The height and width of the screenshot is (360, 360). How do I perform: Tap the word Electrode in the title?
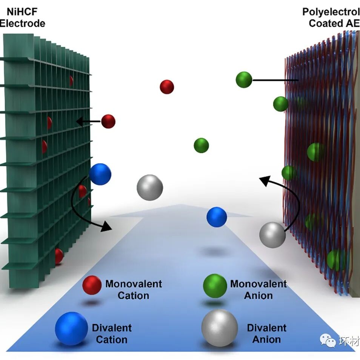click(x=23, y=23)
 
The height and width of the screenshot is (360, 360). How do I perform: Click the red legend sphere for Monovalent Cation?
click(x=92, y=285)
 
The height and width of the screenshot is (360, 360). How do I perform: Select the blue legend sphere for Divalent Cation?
click(x=71, y=328)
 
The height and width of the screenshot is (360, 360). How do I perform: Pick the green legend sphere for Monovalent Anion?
click(x=215, y=286)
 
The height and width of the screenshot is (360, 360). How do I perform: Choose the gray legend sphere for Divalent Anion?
click(x=220, y=328)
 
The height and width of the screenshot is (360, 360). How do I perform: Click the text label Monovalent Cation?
click(x=134, y=289)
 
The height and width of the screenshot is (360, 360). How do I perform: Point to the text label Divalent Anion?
click(x=266, y=334)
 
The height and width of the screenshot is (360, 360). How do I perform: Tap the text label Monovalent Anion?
click(x=258, y=289)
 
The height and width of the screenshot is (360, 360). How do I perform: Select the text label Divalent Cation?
click(x=112, y=334)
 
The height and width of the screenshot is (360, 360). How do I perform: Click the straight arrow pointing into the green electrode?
click(x=89, y=122)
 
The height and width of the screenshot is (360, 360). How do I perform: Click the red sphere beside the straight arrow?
click(x=108, y=122)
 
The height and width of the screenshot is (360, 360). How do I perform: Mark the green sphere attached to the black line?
click(x=244, y=80)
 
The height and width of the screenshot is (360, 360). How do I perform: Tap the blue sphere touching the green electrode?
click(x=100, y=174)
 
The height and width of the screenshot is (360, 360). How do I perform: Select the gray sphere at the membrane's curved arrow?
click(x=272, y=235)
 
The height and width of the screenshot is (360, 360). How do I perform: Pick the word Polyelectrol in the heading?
click(x=331, y=12)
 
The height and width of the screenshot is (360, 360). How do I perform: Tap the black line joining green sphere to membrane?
click(x=275, y=80)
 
